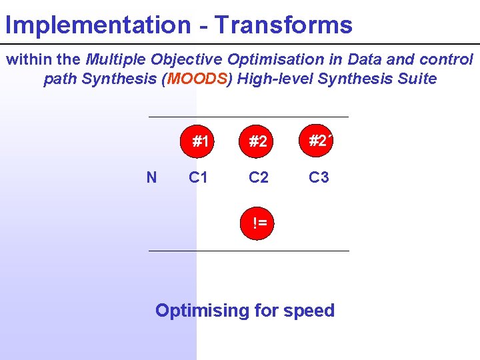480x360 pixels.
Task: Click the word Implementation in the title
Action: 97,25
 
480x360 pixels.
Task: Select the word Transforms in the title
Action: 283,25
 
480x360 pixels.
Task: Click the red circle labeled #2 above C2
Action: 258,141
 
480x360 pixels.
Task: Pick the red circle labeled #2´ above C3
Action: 319,141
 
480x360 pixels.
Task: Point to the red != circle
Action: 259,223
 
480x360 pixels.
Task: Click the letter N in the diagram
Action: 151,177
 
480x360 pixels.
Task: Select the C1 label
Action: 199,177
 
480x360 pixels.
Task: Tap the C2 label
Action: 259,177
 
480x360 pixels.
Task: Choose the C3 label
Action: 319,177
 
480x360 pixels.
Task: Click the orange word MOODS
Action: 197,79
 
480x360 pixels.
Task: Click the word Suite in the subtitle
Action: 417,79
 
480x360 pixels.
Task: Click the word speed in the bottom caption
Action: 309,311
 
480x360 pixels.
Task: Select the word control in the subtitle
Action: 447,59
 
